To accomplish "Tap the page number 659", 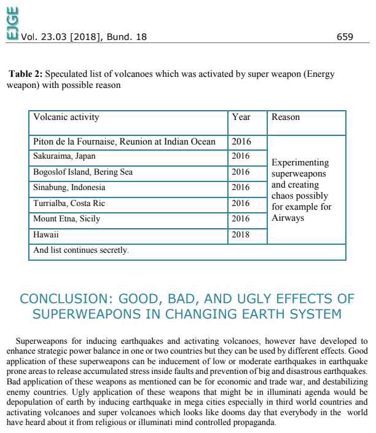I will [345, 37].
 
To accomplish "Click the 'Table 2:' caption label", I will [25, 74].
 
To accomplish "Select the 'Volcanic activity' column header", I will [66, 117].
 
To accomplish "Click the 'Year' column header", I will [241, 117].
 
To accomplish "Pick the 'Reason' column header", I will [286, 117].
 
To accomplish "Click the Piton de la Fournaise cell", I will [124, 141].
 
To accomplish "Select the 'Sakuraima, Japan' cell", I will [64, 156].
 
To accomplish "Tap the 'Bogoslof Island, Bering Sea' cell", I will [82, 172].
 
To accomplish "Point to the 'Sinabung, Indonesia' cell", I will [69, 187].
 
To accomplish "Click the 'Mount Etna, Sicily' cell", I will [66, 218].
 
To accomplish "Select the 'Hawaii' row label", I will [46, 234].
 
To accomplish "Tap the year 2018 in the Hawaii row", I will [241, 234].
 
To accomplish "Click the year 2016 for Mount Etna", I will [241, 218].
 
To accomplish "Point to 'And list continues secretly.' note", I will [81, 250].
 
